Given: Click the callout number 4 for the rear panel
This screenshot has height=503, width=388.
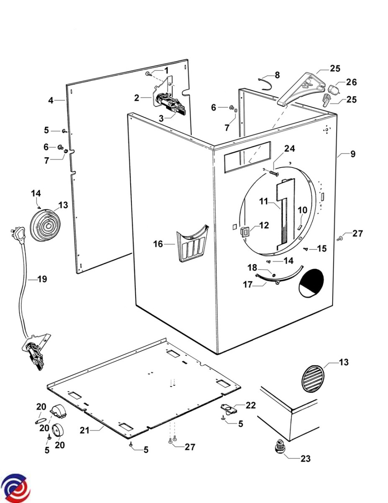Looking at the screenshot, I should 51,100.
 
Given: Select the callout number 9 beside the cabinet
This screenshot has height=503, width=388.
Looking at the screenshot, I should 353,154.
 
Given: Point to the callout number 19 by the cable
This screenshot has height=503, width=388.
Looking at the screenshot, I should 42,278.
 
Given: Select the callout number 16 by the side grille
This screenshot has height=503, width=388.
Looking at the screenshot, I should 157,244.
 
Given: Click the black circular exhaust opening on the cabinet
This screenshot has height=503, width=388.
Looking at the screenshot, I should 312,283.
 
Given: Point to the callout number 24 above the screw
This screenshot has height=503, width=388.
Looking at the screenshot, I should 289,148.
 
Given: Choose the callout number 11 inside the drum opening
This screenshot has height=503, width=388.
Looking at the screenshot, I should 263,201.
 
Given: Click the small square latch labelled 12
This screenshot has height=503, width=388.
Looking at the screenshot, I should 245,230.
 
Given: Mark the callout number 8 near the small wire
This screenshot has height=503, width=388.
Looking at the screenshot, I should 276,75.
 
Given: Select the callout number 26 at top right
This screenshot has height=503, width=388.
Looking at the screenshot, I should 351,82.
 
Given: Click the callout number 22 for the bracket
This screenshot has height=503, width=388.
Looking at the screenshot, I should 250,405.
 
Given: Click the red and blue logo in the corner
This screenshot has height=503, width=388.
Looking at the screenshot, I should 15,489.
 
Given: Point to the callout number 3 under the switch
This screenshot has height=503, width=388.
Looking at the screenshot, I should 162,119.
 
